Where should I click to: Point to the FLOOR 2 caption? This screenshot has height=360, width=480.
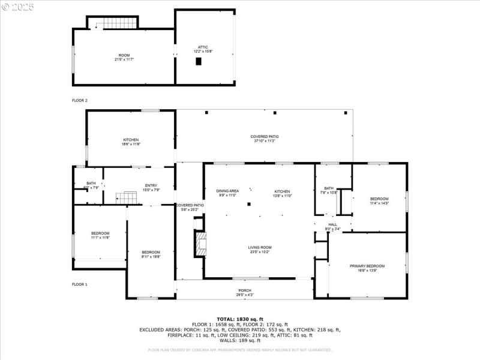(80, 100)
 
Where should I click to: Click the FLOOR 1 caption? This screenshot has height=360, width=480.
(80, 284)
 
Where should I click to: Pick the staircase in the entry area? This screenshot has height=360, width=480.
(126, 197)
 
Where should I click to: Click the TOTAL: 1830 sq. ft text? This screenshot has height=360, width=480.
(239, 319)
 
